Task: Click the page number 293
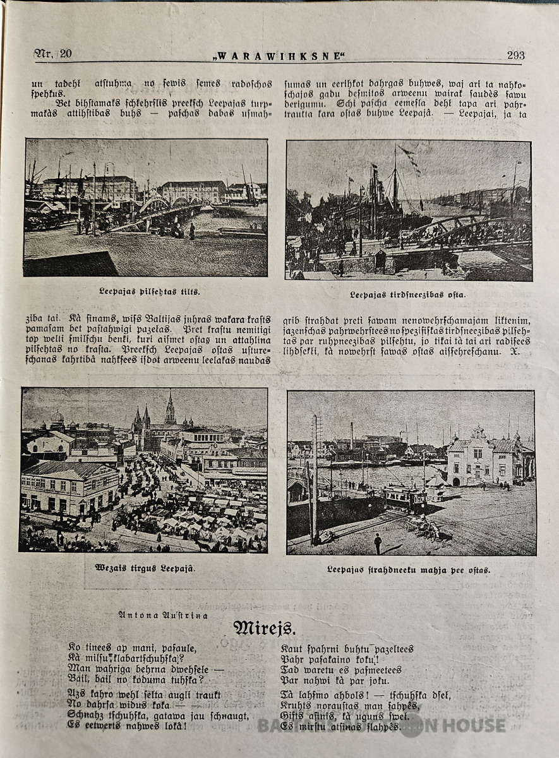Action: [x=515, y=55]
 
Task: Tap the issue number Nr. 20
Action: [x=53, y=54]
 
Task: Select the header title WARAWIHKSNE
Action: [x=279, y=56]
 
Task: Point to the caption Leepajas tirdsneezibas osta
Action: [x=407, y=294]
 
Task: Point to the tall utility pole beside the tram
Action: [x=315, y=480]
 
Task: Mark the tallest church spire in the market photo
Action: [x=170, y=409]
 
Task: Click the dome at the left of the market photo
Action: [x=57, y=417]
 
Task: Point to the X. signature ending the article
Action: [x=515, y=351]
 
